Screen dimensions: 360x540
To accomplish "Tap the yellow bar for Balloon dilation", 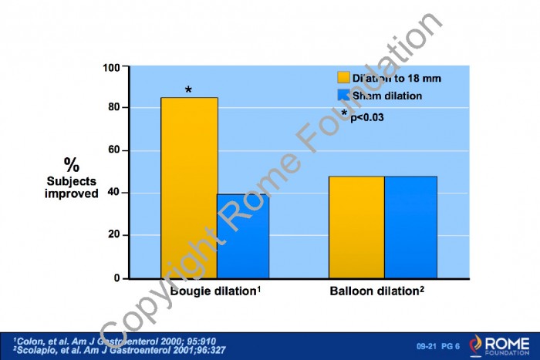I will [x=356, y=227].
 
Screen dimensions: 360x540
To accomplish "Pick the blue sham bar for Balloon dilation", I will [x=410, y=227].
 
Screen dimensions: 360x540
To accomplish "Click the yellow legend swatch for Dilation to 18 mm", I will [x=343, y=78].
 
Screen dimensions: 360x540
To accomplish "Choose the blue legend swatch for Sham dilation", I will [x=343, y=96].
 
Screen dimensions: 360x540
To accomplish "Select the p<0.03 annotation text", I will [x=367, y=117].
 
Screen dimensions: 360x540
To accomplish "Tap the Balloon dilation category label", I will [x=376, y=291].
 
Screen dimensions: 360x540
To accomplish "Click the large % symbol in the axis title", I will [x=72, y=165].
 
